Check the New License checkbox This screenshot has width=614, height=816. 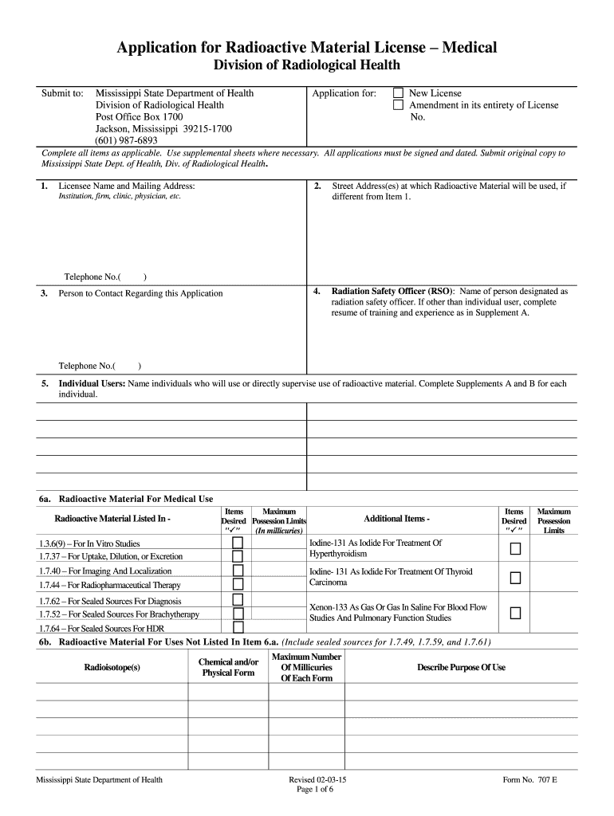pyautogui.click(x=398, y=93)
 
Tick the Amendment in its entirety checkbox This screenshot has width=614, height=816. pyautogui.click(x=398, y=105)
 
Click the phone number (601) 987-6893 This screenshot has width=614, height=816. pyautogui.click(x=127, y=140)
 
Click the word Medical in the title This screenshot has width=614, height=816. pyautogui.click(x=467, y=48)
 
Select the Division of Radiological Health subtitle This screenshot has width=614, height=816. pyautogui.click(x=306, y=66)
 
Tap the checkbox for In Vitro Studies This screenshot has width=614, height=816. pyautogui.click(x=238, y=543)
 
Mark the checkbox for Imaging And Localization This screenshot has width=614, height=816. pyautogui.click(x=238, y=571)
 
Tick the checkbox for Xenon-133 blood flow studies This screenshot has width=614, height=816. pyautogui.click(x=515, y=613)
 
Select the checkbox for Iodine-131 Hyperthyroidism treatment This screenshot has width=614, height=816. pyautogui.click(x=515, y=548)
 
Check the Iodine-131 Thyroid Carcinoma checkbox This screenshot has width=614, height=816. pyautogui.click(x=515, y=577)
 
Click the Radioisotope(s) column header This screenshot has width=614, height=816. pyautogui.click(x=112, y=667)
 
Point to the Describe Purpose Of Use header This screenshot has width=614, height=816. pyautogui.click(x=461, y=667)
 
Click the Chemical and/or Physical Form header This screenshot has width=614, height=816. pyautogui.click(x=228, y=667)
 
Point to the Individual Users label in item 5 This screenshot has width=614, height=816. pyautogui.click(x=92, y=383)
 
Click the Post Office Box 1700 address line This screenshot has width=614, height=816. pyautogui.click(x=140, y=116)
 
